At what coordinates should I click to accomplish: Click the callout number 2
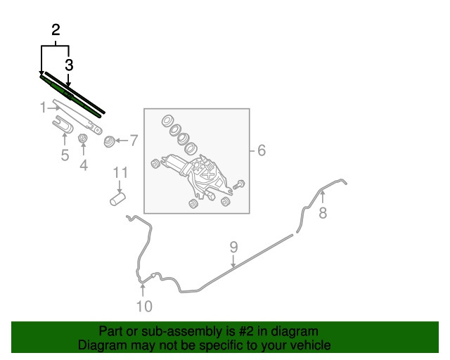[56, 30]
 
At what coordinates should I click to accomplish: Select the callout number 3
[69, 65]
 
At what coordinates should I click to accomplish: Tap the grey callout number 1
[43, 108]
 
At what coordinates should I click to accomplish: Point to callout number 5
[65, 155]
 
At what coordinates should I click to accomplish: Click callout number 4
[84, 165]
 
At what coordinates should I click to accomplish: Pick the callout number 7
[134, 141]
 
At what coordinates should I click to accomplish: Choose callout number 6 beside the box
[262, 150]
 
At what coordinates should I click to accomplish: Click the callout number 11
[120, 173]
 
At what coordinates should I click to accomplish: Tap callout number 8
[323, 213]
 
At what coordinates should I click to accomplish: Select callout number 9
[233, 247]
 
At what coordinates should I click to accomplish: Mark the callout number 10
[144, 307]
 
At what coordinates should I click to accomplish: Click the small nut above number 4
[83, 139]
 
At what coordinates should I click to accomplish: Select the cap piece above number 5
[63, 124]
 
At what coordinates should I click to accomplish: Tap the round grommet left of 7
[109, 141]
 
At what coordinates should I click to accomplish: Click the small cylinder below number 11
[117, 199]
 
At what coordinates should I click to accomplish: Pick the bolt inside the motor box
[239, 184]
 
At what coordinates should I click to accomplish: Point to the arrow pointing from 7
[122, 141]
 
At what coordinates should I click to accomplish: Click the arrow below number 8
[323, 198]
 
